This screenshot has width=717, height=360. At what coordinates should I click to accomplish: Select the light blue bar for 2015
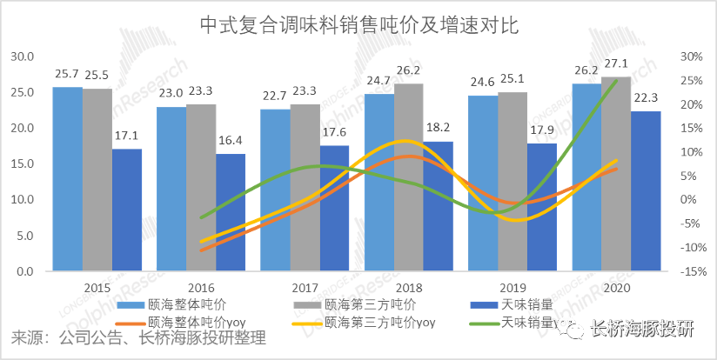click(67, 178)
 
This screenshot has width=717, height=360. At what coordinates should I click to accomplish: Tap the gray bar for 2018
click(409, 177)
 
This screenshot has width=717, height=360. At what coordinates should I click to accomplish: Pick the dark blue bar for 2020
click(646, 191)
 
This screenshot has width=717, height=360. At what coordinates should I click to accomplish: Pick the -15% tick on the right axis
click(692, 271)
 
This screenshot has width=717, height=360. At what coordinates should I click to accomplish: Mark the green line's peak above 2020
click(617, 81)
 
